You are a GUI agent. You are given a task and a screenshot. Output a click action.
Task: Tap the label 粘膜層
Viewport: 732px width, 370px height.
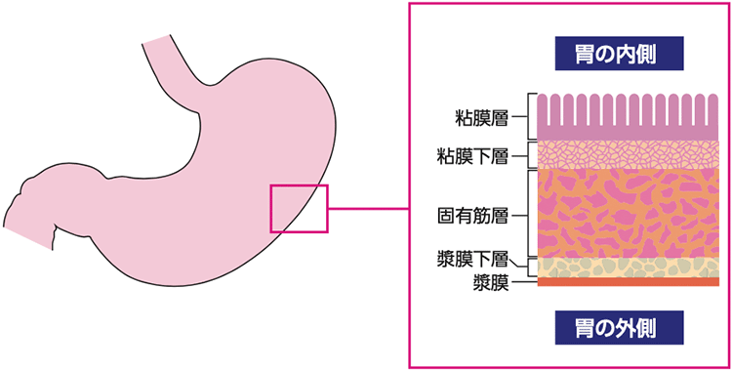pos(478,117)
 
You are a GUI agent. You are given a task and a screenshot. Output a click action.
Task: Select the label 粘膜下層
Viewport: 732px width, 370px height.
pos(471,155)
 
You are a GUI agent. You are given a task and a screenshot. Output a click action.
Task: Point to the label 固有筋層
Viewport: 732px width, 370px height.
pos(471,212)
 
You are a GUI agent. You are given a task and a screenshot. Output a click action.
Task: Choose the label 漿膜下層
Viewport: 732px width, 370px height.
pos(471,259)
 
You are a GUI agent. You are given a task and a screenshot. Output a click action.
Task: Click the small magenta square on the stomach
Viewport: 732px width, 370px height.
pos(299,208)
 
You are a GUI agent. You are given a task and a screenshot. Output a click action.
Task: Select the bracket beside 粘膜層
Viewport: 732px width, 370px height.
pos(531,117)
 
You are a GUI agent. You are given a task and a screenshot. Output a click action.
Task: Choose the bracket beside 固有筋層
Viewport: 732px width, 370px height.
pos(531,212)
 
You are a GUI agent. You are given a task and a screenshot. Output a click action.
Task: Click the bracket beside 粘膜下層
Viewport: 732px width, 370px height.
pos(531,155)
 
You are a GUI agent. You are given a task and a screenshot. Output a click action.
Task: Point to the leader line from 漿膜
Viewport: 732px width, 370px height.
pos(523,283)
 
